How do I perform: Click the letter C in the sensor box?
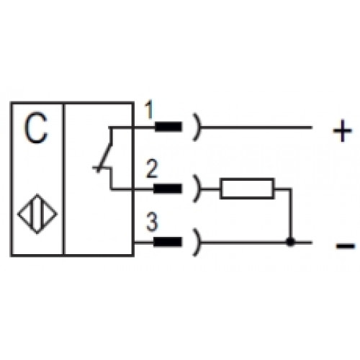(36, 127)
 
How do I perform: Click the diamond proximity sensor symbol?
(37, 213)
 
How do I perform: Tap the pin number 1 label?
(149, 110)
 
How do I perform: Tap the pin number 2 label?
(152, 169)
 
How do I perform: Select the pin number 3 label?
(152, 222)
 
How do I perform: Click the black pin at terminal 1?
(168, 127)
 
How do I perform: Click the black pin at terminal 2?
(168, 189)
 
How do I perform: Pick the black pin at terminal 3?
(168, 242)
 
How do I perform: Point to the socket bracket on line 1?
(198, 127)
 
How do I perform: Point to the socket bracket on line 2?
(198, 189)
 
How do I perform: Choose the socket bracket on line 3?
(198, 242)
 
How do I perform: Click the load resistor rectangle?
(247, 189)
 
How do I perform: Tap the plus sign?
(342, 131)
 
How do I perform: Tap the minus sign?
(346, 246)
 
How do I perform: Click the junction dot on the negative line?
(290, 242)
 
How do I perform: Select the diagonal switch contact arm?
(105, 156)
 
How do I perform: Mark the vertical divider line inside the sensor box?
(63, 179)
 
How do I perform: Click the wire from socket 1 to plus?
(256, 127)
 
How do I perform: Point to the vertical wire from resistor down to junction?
(291, 215)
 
